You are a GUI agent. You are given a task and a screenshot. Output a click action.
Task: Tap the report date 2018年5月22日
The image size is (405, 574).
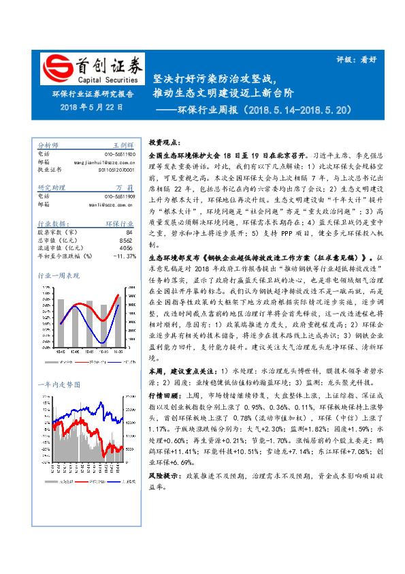click(x=91, y=108)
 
